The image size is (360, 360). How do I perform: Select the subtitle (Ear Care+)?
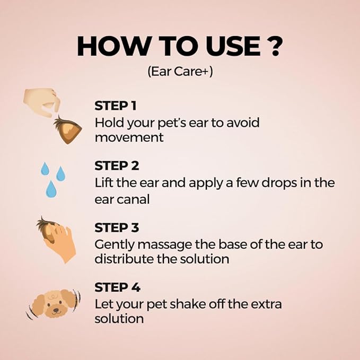click(180, 72)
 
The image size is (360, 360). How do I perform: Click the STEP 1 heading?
click(116, 106)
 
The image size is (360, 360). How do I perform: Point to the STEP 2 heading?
click(117, 166)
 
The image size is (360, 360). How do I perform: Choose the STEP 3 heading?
click(117, 227)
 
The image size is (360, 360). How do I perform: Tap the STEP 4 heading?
click(117, 287)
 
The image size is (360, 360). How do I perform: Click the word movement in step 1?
click(129, 137)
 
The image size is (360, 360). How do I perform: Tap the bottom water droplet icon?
click(51, 189)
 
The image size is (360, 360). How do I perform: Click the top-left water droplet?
click(45, 169)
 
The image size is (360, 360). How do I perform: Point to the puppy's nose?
click(56, 310)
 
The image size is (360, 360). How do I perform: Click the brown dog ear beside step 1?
click(68, 129)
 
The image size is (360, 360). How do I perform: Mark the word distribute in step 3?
click(124, 259)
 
